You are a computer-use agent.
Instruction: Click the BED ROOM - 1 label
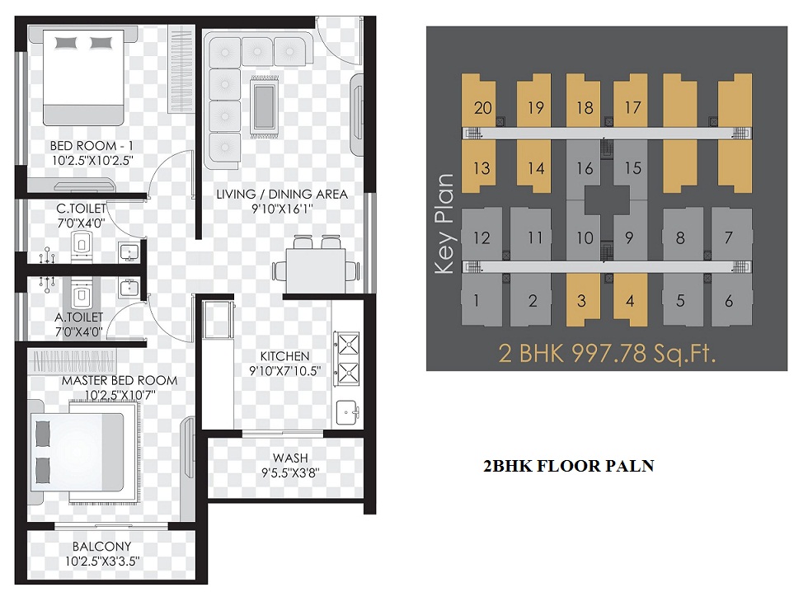[92, 146]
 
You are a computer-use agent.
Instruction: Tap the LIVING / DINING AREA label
[282, 195]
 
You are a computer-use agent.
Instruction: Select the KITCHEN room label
[284, 356]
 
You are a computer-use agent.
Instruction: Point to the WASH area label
[290, 458]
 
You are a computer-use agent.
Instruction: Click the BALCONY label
[101, 546]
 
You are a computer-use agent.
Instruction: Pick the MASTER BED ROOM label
[120, 381]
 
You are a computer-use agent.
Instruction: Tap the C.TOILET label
[81, 209]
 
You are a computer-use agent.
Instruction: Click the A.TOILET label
[79, 317]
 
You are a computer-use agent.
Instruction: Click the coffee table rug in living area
[265, 106]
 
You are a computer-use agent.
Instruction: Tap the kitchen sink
[348, 411]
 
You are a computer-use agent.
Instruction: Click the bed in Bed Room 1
[83, 78]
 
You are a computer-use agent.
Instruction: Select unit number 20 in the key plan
[483, 108]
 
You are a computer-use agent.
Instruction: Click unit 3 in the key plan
[581, 301]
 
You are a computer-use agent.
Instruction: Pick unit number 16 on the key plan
[585, 168]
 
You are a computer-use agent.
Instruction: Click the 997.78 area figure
[609, 354]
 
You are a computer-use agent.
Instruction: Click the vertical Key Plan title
[444, 223]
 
